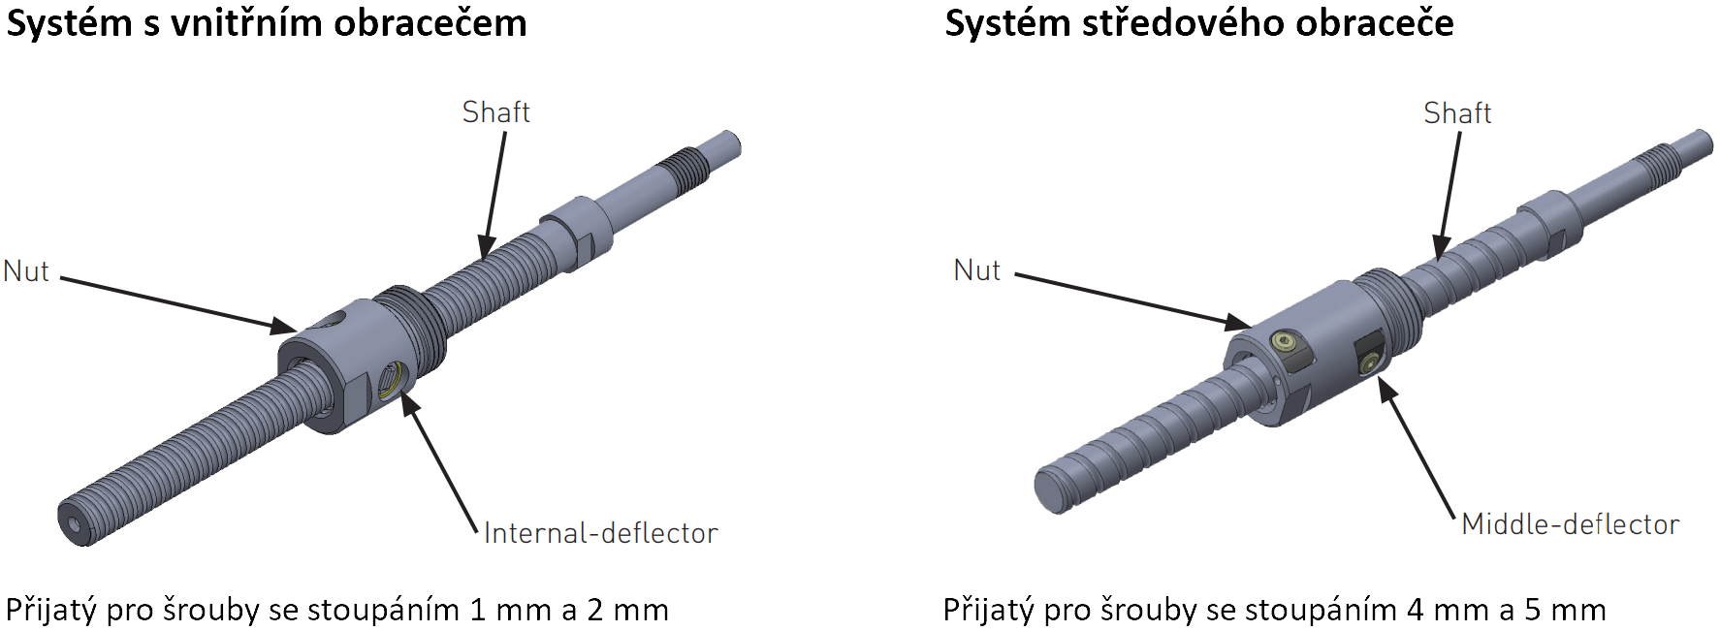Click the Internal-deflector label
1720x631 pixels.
pyautogui.click(x=600, y=533)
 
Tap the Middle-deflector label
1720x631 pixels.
pyautogui.click(x=1570, y=524)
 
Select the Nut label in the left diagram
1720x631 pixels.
pyautogui.click(x=26, y=271)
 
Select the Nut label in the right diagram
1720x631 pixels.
pyautogui.click(x=976, y=270)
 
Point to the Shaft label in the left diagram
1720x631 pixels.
pyautogui.click(x=495, y=112)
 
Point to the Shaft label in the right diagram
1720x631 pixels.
pyautogui.click(x=1457, y=113)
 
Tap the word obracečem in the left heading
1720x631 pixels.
pyautogui.click(x=430, y=23)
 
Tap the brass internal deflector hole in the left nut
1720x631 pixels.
pyautogui.click(x=391, y=378)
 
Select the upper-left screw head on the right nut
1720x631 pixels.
pyautogui.click(x=1285, y=340)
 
